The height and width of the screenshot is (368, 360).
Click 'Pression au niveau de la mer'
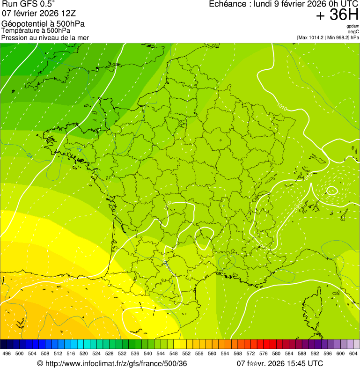pos(45,37)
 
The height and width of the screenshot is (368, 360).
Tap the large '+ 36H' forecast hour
pos(337,15)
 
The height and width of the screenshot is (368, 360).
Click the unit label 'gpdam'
pos(353,26)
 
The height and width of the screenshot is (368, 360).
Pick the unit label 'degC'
pos(353,31)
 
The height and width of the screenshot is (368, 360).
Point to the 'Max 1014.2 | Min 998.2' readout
pos(328,37)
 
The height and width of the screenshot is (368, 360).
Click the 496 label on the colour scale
pos(7,353)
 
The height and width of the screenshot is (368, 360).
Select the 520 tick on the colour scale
pos(84,353)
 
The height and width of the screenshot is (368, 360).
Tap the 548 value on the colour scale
pos(174,353)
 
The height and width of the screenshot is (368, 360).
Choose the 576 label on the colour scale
pos(264,353)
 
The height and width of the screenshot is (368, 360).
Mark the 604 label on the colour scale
pos(353,353)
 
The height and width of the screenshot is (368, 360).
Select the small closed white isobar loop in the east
pos(332,190)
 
